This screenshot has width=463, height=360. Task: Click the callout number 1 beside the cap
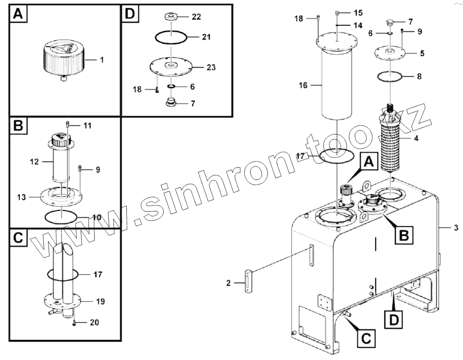click(x=102, y=60)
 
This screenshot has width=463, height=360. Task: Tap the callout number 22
click(x=196, y=17)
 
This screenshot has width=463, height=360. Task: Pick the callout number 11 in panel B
click(x=87, y=125)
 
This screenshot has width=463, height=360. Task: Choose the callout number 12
click(x=35, y=162)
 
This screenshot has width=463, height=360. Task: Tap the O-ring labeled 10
click(x=61, y=216)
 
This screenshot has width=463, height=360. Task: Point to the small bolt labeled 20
click(x=74, y=322)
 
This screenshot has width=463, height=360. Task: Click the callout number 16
click(x=303, y=85)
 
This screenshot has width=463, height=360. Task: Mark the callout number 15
click(x=358, y=12)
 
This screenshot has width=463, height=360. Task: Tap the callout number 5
click(x=422, y=54)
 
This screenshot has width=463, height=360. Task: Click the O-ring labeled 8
click(x=390, y=77)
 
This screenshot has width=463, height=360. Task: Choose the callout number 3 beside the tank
click(x=456, y=228)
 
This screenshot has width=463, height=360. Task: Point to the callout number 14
click(x=358, y=25)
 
